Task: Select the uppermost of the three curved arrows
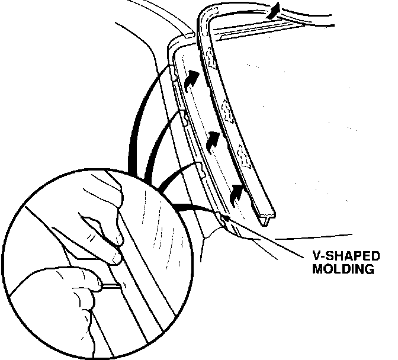[192, 80]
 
